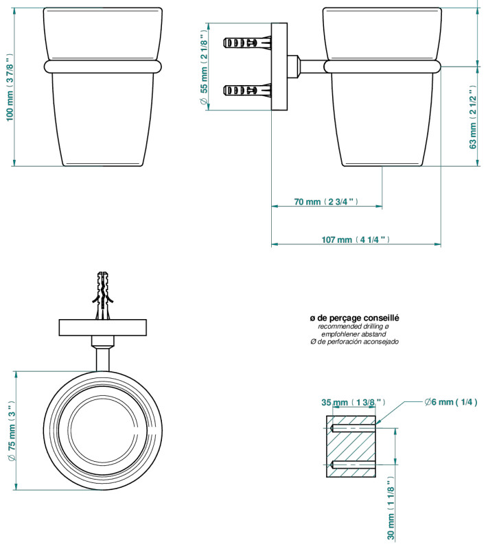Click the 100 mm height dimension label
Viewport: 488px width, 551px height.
coord(10,88)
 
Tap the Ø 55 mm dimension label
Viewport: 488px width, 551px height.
coord(204,67)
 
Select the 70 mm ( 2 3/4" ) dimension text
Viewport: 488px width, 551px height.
coord(326,202)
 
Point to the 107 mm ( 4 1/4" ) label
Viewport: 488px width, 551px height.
coord(356,239)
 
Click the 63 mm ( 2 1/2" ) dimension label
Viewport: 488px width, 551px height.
coord(473,117)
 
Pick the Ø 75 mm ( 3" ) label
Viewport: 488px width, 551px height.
coord(12,431)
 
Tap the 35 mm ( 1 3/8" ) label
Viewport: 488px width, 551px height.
coord(353,402)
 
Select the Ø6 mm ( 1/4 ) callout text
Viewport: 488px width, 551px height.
coord(451,402)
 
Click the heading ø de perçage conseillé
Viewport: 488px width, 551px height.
coord(354,318)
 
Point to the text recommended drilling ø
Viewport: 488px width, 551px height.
coord(353,327)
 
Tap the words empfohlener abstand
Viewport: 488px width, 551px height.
coord(353,334)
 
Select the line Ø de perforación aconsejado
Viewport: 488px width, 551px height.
coord(354,342)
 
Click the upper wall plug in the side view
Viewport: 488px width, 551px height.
coord(247,43)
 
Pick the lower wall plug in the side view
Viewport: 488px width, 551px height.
coord(247,91)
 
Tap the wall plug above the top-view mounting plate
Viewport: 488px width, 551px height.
coord(103,295)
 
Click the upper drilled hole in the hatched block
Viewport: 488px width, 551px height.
coord(353,428)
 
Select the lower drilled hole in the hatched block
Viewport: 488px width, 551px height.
coord(353,465)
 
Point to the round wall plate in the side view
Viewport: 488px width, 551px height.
coord(279,67)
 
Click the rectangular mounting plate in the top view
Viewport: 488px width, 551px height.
coord(103,327)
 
